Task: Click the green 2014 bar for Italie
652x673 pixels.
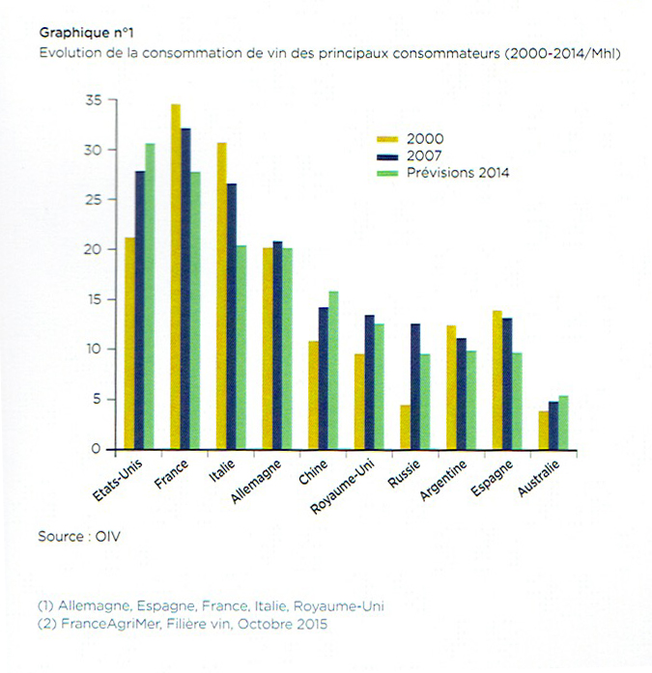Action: point(241,348)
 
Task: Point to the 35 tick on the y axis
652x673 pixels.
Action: point(93,100)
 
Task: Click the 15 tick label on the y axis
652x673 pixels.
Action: point(93,299)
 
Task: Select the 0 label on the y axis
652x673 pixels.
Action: point(97,449)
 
